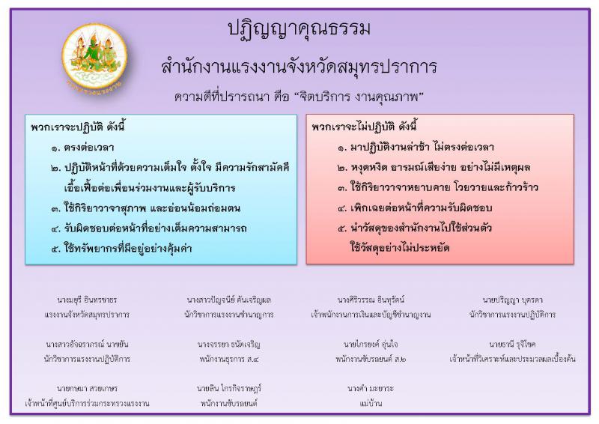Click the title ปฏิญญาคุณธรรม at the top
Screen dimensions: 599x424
[x=299, y=29]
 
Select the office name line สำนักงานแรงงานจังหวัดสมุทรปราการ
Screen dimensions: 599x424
[x=299, y=67]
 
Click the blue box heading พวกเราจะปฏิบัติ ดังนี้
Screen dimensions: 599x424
[x=78, y=127]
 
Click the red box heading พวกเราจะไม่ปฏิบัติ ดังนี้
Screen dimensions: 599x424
[x=364, y=126]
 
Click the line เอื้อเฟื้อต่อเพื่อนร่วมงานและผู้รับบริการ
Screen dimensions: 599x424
[x=150, y=188]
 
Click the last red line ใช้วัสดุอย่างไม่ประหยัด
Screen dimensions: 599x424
[x=400, y=248]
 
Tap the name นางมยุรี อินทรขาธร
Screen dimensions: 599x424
[x=87, y=300]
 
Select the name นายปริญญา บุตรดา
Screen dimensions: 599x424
[x=512, y=300]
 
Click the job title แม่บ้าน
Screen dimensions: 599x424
[x=371, y=403]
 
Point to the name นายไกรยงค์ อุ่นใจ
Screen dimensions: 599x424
[x=371, y=344]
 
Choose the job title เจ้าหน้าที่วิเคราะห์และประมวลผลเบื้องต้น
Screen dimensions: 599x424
[x=512, y=359]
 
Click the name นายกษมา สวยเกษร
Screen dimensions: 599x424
[x=87, y=389]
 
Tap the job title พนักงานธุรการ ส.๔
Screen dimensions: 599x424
[x=229, y=359]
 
